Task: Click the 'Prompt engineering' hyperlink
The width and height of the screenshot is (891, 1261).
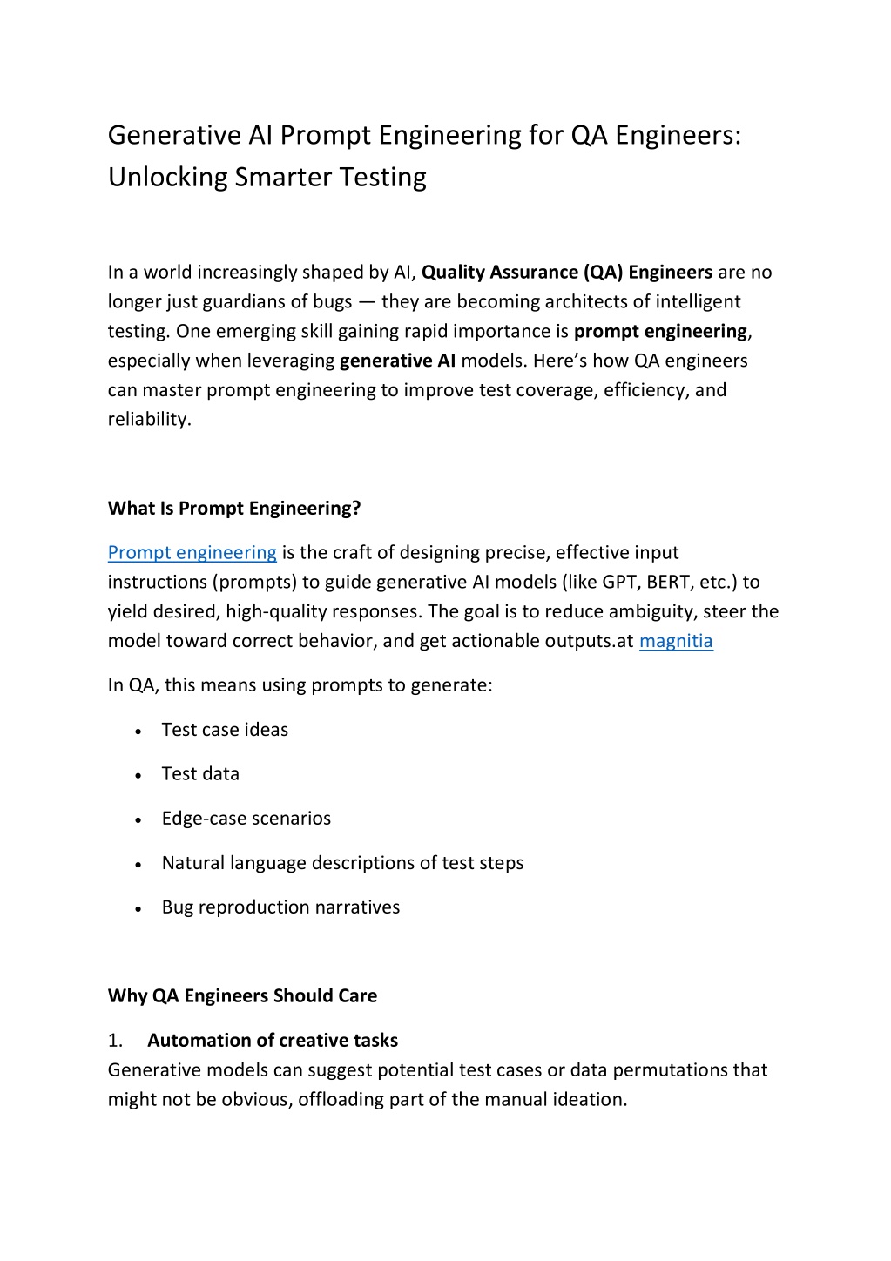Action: [192, 553]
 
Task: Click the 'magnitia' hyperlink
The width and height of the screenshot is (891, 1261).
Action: [676, 642]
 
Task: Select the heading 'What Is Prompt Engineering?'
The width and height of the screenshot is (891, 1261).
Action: [233, 509]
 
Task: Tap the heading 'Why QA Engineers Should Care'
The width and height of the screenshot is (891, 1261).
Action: [242, 995]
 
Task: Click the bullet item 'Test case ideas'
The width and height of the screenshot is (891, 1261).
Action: [225, 730]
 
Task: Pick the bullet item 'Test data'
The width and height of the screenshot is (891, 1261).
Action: [200, 774]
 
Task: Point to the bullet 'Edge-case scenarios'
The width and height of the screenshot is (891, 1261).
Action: [246, 819]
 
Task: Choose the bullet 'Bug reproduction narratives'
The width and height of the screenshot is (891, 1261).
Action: [280, 907]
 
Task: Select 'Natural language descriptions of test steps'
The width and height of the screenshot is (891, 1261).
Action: [342, 863]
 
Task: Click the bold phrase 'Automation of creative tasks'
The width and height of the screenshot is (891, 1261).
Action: [272, 1041]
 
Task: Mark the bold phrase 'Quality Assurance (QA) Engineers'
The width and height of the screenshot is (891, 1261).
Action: [567, 273]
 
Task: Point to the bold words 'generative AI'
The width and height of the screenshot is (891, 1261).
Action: [397, 361]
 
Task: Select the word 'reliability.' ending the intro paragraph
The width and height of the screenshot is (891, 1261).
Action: [149, 420]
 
